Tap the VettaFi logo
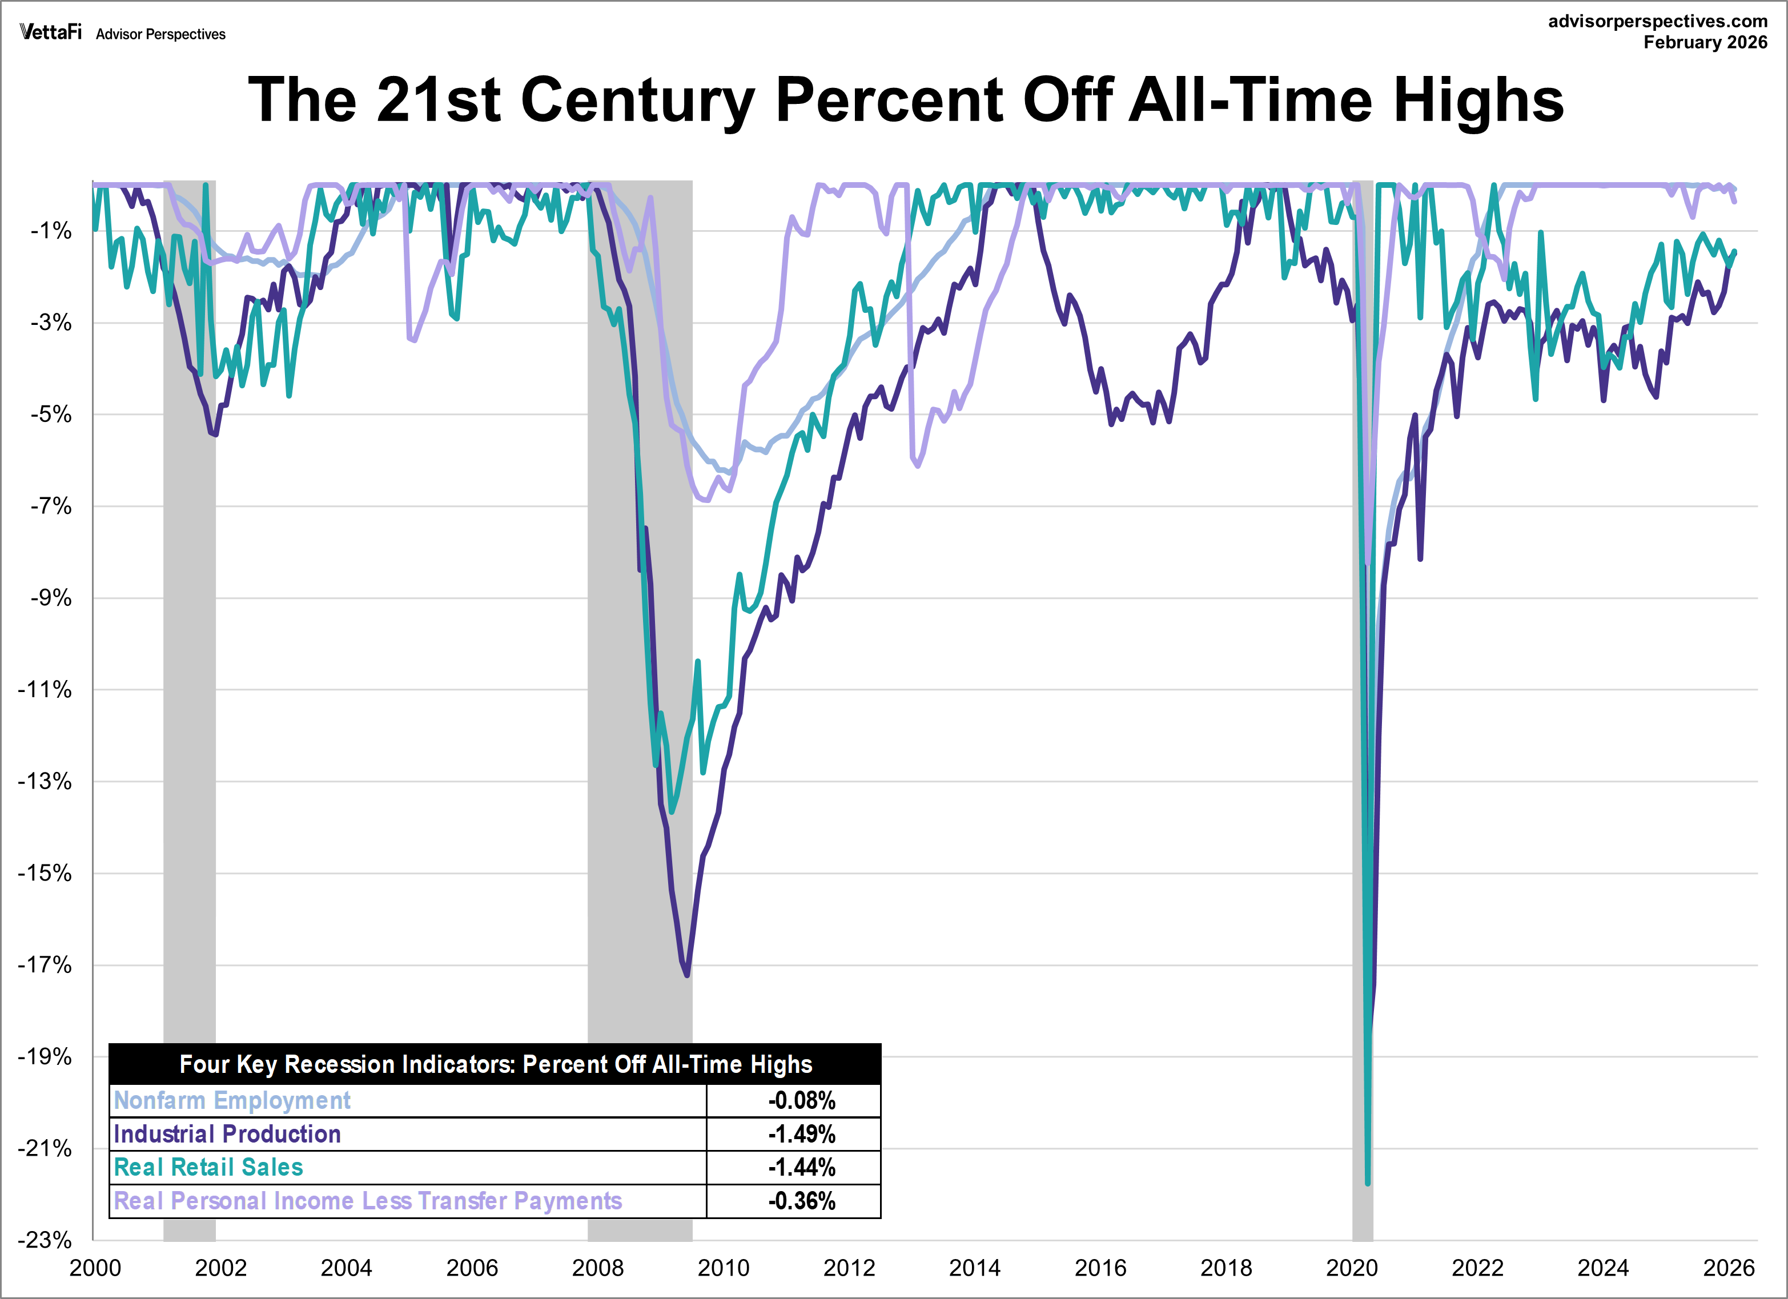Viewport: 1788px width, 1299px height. pos(50,33)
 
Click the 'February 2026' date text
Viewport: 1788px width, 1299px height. pos(1705,43)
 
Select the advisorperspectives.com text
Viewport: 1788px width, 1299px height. pos(1657,21)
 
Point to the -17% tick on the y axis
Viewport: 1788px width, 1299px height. pos(45,965)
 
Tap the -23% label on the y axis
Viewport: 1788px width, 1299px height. pos(45,1240)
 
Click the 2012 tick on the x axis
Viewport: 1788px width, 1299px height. pos(849,1268)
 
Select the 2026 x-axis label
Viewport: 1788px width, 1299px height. pos(1729,1268)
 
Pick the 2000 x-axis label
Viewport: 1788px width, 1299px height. pos(95,1268)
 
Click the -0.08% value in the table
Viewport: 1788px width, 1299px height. pos(801,1100)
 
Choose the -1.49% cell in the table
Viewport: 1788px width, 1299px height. pos(801,1134)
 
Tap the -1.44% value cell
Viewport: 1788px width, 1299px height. pos(801,1167)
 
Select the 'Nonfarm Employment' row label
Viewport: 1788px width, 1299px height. pos(232,1100)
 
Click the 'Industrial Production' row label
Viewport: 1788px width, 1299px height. pos(227,1134)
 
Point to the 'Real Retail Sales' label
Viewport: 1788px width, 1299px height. pos(208,1167)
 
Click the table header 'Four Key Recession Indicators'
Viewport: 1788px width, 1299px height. pos(495,1065)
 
